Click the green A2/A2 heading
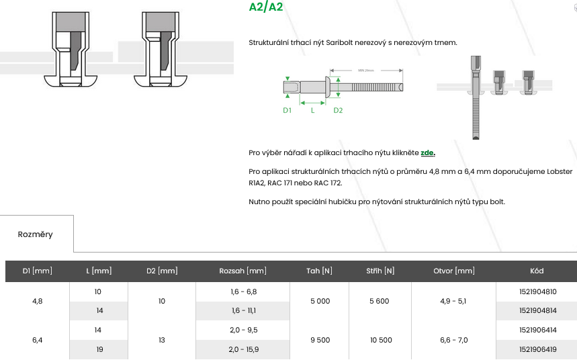[266, 7]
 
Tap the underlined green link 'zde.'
[428, 152]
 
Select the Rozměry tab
[36, 234]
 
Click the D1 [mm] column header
[37, 271]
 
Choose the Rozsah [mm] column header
[243, 271]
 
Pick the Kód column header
[537, 271]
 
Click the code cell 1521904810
[538, 292]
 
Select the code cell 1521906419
[538, 349]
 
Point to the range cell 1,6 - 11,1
[244, 311]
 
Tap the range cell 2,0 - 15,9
[244, 349]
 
